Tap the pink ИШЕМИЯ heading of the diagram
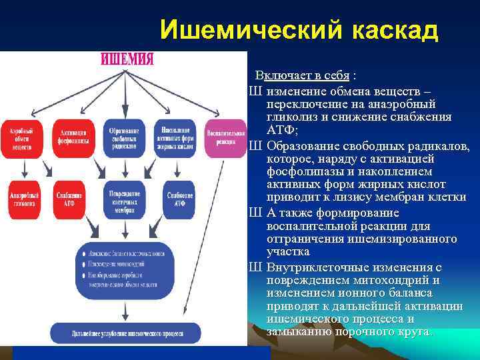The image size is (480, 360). pyautogui.click(x=127, y=59)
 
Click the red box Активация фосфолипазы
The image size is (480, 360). pyautogui.click(x=72, y=138)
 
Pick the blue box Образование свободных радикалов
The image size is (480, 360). pyautogui.click(x=124, y=138)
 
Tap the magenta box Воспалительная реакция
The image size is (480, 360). pyautogui.click(x=225, y=138)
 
